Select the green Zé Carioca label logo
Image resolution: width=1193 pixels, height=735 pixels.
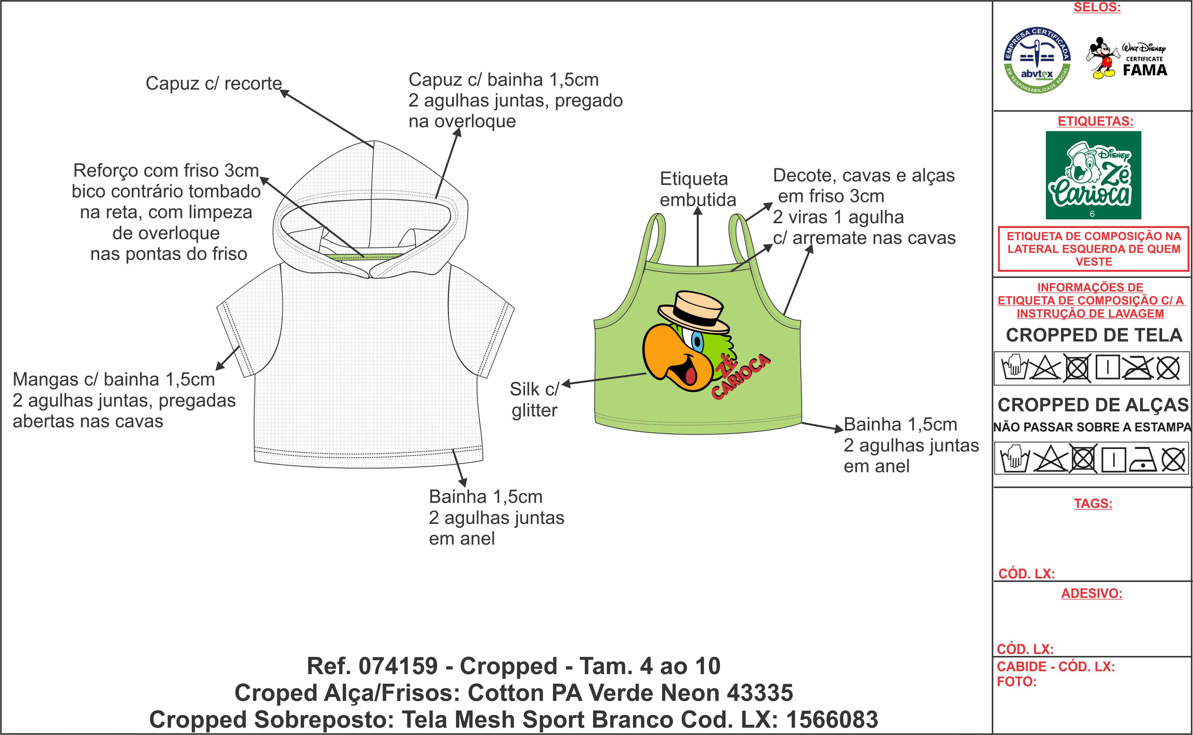1093,175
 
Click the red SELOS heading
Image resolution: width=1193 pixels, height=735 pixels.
1097,8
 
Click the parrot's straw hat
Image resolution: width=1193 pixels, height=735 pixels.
693,311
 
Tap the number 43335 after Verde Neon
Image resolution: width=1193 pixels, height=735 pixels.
759,693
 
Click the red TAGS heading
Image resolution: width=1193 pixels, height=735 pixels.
1093,503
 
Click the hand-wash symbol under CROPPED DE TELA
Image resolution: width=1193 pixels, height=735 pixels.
1014,367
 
